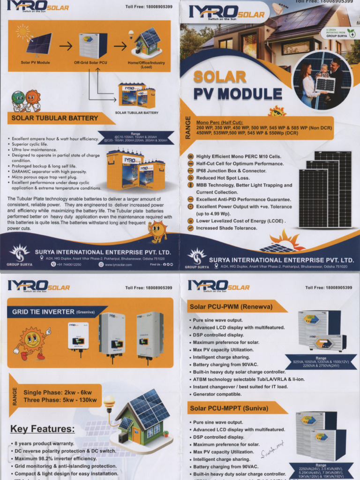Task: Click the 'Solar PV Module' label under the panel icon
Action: (36, 62)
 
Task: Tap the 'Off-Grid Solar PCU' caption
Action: (90, 62)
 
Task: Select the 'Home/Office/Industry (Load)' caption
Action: (146, 65)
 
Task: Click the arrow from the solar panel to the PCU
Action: (65, 46)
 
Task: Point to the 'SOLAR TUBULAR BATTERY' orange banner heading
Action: (55, 118)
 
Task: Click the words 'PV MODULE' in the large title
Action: (238, 93)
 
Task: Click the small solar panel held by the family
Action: (325, 85)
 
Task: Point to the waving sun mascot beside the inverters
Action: (32, 343)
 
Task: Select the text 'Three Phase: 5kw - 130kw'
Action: (60, 400)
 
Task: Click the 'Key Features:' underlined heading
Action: (42, 429)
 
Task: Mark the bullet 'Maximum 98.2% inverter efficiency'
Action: (55, 458)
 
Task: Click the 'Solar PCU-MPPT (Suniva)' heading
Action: (229, 408)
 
